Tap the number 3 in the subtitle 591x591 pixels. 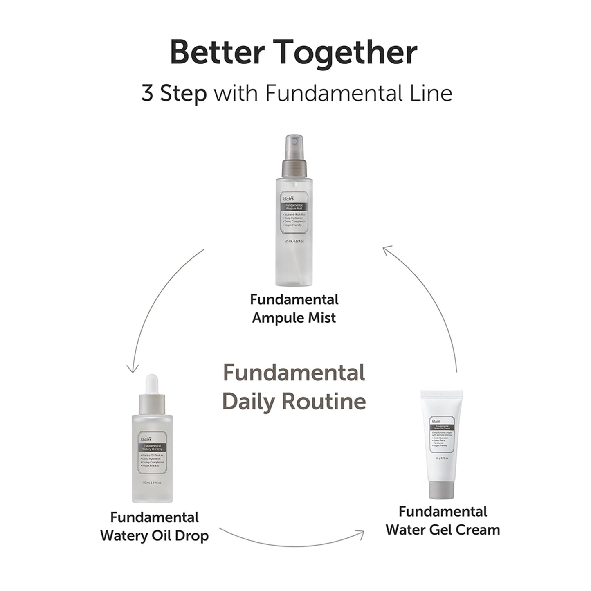(147, 94)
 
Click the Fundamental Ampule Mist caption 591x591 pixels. (294, 308)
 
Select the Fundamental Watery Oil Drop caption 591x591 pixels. (154, 526)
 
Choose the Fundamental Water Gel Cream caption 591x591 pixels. (443, 521)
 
